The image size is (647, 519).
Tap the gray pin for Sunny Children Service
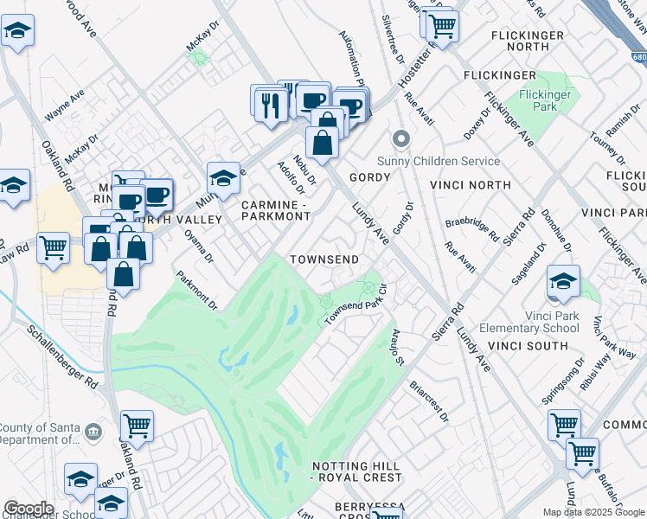point(400,138)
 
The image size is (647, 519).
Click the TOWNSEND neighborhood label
point(323,259)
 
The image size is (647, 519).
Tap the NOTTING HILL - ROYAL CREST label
point(357,471)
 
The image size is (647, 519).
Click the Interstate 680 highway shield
point(638,57)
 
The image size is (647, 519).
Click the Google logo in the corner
point(29,509)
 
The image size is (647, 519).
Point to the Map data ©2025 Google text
point(593,512)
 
